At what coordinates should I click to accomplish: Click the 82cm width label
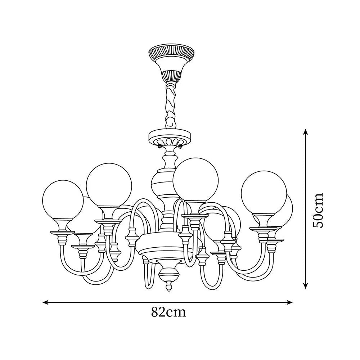(x=168, y=312)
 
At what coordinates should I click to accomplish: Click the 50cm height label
(x=318, y=210)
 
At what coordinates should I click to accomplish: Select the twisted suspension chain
(x=171, y=104)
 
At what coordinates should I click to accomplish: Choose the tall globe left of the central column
(x=109, y=185)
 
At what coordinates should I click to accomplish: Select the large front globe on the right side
(x=264, y=193)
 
